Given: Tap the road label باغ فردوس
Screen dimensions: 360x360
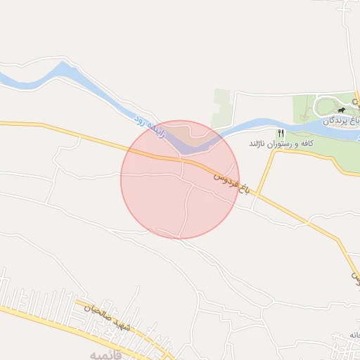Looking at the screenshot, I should pyautogui.click(x=231, y=181).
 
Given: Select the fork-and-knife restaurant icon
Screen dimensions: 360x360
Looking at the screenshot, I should pyautogui.click(x=281, y=133).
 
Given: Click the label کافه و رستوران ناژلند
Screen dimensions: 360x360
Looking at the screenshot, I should pyautogui.click(x=278, y=143).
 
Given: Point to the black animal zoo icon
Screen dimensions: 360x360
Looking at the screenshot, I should pyautogui.click(x=341, y=110).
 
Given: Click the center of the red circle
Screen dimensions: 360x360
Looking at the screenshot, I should pyautogui.click(x=180, y=179).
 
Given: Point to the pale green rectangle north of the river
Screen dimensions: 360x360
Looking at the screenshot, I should pyautogui.click(x=223, y=109).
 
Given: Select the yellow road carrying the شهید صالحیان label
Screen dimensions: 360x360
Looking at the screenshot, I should pyautogui.click(x=77, y=316).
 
